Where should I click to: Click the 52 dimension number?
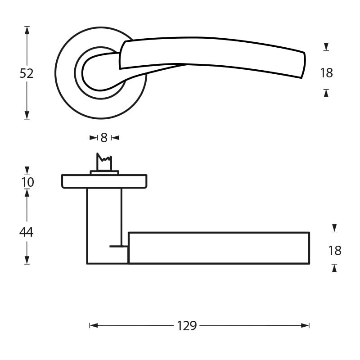coord(27,73)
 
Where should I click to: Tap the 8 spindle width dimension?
coord(104,138)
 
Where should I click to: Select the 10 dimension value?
coord(27,182)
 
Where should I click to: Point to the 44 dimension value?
coord(27,233)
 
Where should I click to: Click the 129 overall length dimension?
coord(187,326)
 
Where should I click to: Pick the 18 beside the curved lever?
coord(326,73)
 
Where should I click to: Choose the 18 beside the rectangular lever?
coord(335,251)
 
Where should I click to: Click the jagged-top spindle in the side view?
coord(104,163)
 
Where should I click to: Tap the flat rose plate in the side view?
coord(104,181)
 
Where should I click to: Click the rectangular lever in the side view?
coord(219,247)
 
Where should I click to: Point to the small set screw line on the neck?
coord(118,246)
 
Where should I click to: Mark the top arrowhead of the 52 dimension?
coord(27,30)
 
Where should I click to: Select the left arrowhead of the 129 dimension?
coord(94,325)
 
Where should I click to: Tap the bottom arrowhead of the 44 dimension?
coord(27,260)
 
